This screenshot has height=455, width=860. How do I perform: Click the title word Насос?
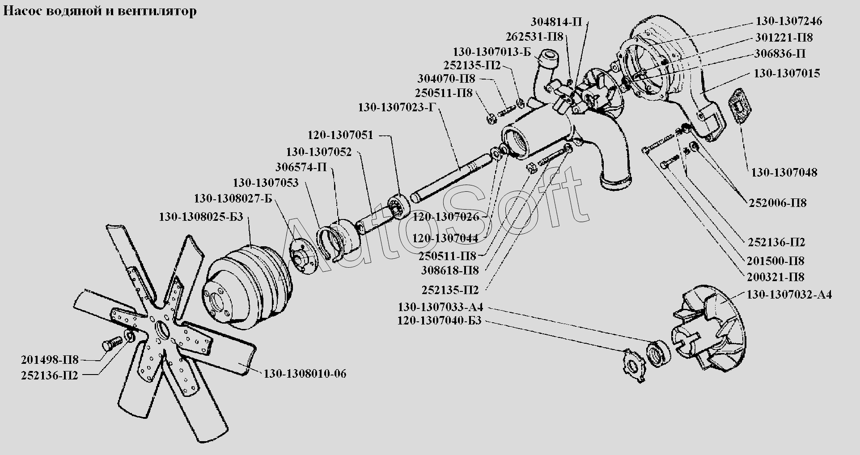click(x=22, y=11)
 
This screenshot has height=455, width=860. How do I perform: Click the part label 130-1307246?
click(x=789, y=21)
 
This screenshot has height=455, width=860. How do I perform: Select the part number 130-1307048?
click(x=784, y=173)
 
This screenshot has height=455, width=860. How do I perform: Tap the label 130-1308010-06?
click(x=305, y=374)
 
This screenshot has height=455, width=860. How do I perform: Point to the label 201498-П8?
click(x=50, y=360)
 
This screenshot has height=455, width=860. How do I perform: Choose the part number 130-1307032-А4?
click(x=789, y=295)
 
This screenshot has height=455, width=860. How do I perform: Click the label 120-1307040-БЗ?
click(x=439, y=321)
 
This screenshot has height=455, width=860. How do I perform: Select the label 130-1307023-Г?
click(x=397, y=108)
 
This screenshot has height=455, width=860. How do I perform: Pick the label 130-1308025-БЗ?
click(x=201, y=217)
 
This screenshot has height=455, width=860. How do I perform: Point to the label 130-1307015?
click(x=787, y=73)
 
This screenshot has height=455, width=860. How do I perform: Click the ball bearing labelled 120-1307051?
click(x=399, y=206)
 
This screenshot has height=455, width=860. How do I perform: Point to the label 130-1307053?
click(x=266, y=183)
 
